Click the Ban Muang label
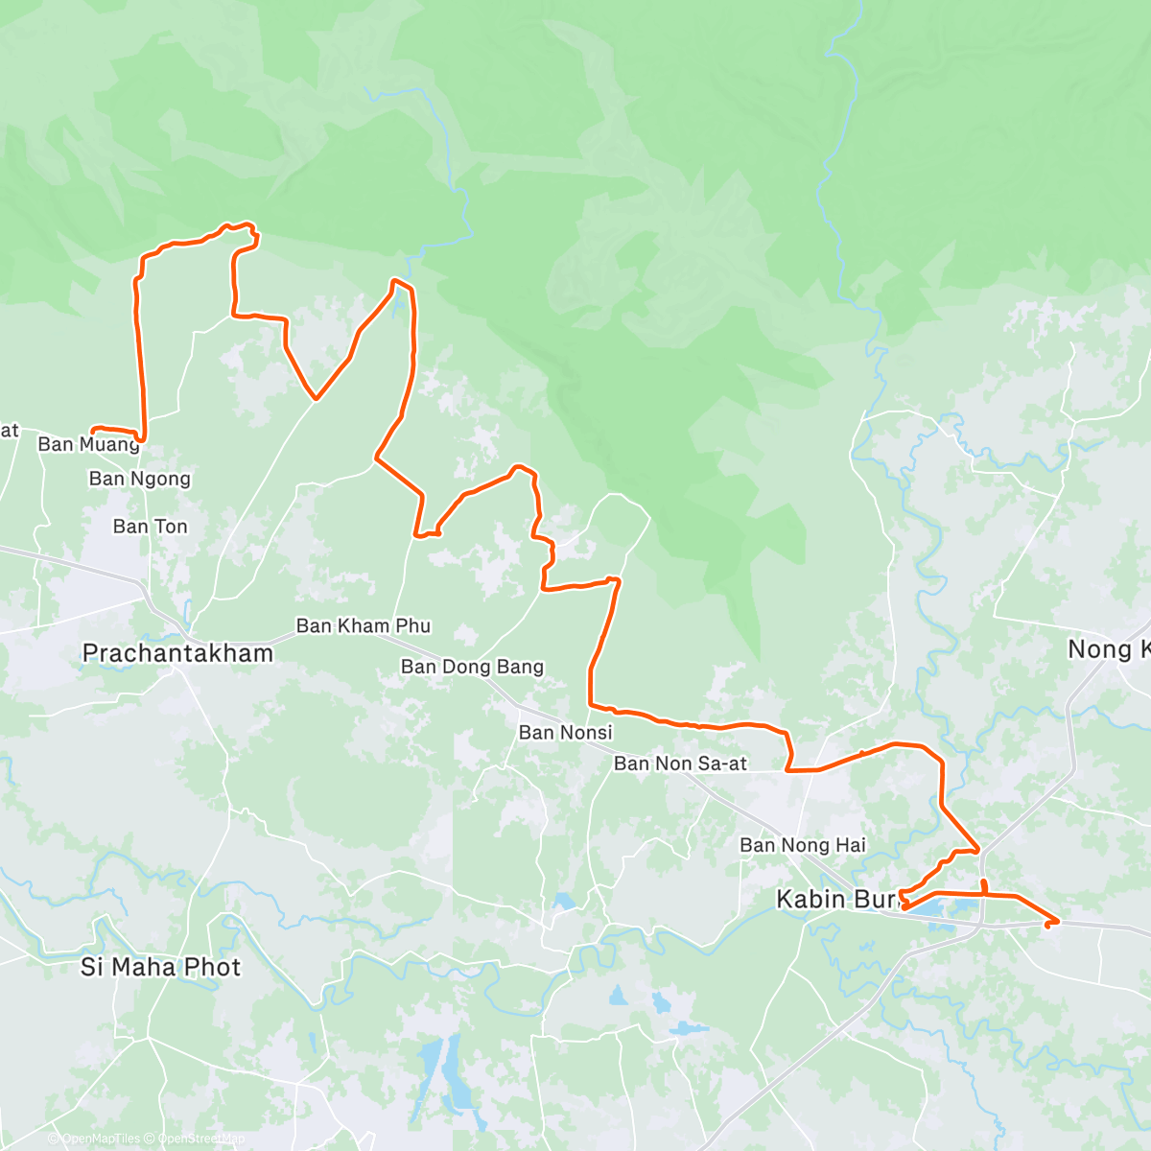point(88,444)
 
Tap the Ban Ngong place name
point(140,479)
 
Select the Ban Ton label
point(151,527)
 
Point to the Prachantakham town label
point(177,653)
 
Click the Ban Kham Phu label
point(364,626)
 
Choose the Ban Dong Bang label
point(472,667)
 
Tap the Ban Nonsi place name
point(565,733)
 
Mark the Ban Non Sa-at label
point(680,763)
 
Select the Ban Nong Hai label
point(802,845)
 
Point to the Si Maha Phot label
point(160,967)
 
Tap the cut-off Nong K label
point(1109,650)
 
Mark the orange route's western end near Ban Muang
point(92,430)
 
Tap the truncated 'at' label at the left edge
point(10,431)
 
